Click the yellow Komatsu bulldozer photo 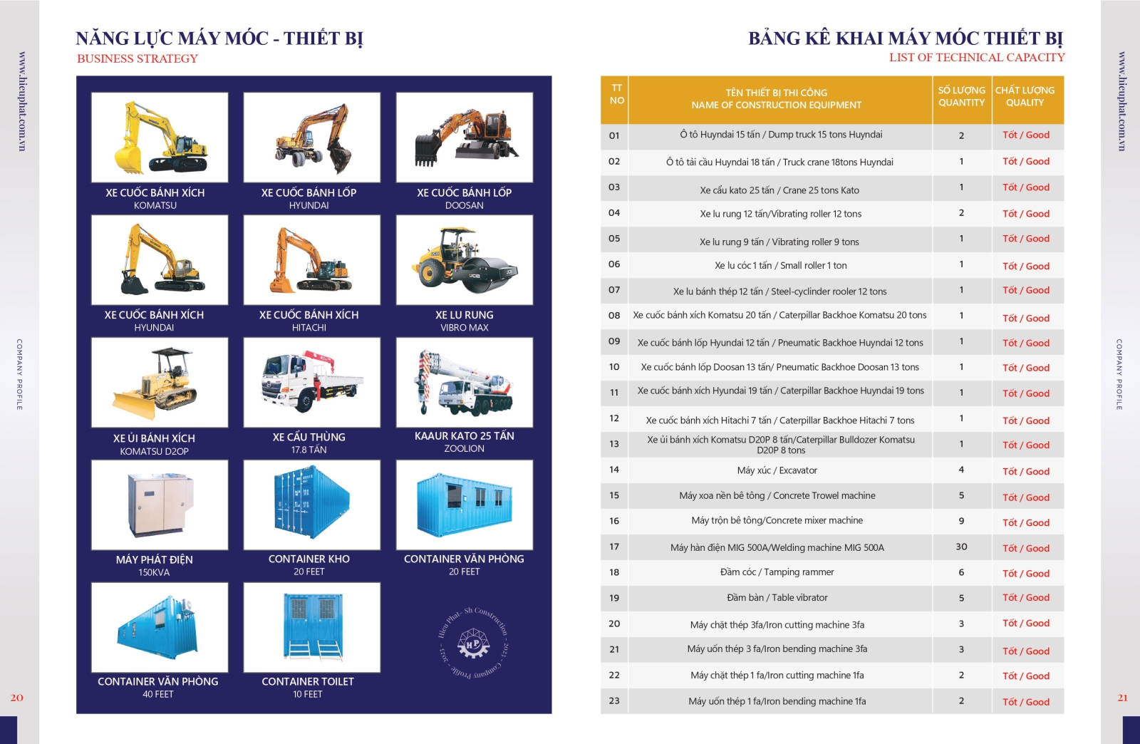click(x=160, y=382)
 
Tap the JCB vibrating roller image click(x=465, y=259)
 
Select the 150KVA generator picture click(x=160, y=505)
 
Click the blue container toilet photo click(x=312, y=627)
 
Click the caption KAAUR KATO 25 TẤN click(x=464, y=435)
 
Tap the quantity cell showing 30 click(x=961, y=547)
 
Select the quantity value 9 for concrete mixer click(x=961, y=521)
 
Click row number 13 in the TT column click(x=614, y=444)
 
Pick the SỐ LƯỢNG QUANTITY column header click(x=962, y=96)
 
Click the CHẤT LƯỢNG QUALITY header click(x=1025, y=96)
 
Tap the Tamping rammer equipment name click(x=777, y=572)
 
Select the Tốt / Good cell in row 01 click(x=1026, y=135)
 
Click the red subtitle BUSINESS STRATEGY click(x=138, y=58)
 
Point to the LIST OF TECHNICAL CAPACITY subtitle click(x=977, y=58)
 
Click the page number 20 click(x=17, y=698)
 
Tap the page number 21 click(x=1123, y=698)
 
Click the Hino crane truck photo click(x=312, y=382)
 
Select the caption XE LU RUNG click(x=464, y=315)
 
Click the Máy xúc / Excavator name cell click(x=777, y=470)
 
